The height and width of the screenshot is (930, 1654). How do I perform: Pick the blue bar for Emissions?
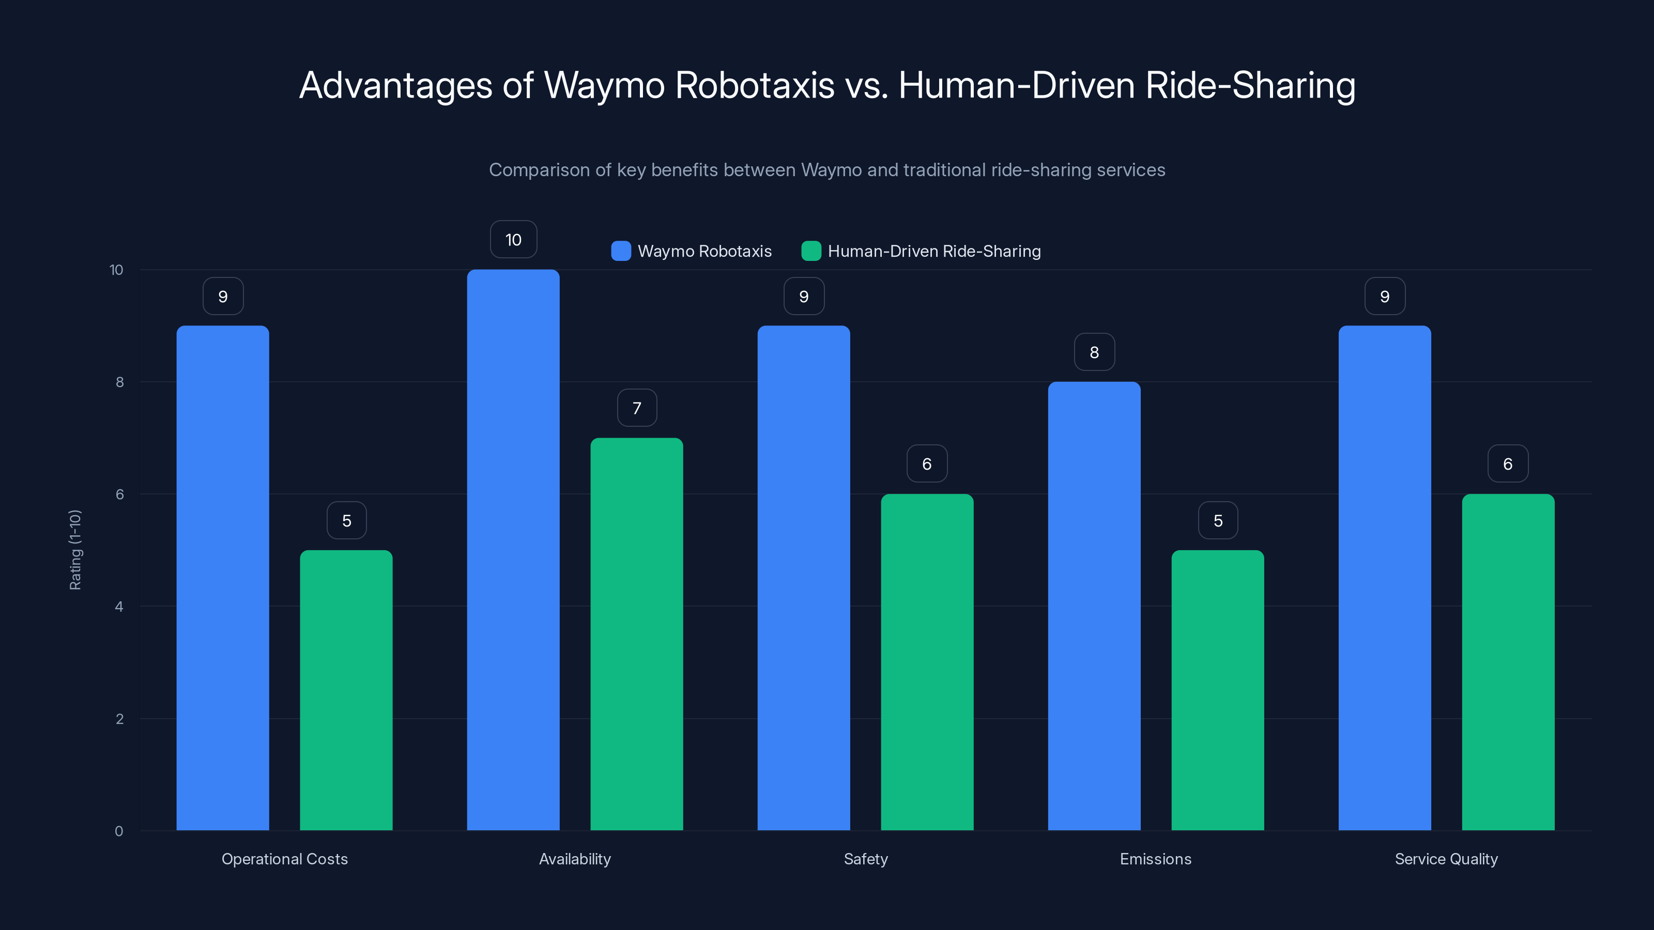click(x=1094, y=606)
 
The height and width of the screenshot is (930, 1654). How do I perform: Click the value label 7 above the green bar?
click(x=636, y=408)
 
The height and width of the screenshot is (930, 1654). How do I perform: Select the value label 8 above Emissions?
click(x=1094, y=352)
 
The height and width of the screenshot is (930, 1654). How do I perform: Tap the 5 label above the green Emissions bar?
click(x=1217, y=520)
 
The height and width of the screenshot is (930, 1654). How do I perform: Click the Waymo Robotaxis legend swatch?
click(x=621, y=251)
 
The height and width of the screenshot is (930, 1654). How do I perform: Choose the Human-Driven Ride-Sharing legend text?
click(x=933, y=251)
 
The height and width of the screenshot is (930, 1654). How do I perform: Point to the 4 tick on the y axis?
click(x=119, y=607)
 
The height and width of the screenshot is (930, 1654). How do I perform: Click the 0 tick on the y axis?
click(x=119, y=831)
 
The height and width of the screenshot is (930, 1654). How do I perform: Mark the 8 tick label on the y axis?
click(x=119, y=382)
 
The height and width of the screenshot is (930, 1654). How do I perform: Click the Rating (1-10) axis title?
click(x=75, y=550)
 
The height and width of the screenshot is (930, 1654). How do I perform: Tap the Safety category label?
click(x=866, y=859)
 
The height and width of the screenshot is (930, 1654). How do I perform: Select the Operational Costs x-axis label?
click(x=284, y=859)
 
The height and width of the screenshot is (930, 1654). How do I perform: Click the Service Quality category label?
click(x=1446, y=859)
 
